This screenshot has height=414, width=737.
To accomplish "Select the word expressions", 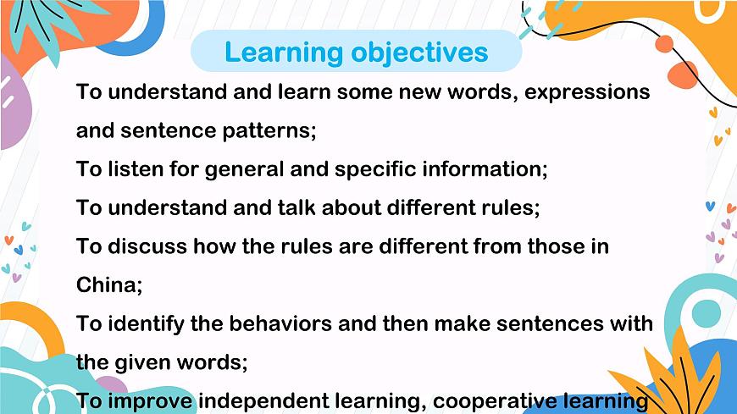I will coord(587,91).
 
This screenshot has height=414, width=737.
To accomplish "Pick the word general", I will coord(239,168).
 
